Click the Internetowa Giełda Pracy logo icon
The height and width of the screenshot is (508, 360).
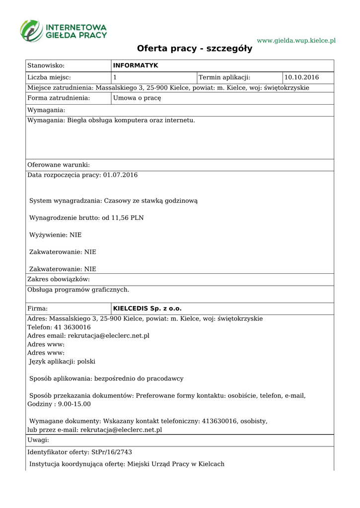click(x=31, y=30)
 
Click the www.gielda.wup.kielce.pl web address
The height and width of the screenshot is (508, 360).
click(x=296, y=40)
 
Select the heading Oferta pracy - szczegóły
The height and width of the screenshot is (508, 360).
click(x=195, y=49)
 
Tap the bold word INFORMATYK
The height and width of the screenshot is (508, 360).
click(x=136, y=65)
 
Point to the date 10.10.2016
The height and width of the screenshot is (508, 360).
click(x=301, y=77)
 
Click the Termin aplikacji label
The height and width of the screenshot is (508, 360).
click(x=224, y=77)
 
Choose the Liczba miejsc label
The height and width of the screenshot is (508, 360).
click(x=49, y=77)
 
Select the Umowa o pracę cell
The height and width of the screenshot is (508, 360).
click(x=137, y=98)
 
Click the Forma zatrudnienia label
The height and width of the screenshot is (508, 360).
click(x=59, y=98)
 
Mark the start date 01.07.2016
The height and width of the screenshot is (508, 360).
click(x=120, y=175)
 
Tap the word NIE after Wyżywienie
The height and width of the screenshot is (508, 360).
click(x=75, y=235)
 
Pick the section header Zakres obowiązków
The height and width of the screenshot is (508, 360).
click(x=59, y=280)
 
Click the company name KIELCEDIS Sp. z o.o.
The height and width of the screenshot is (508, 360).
click(x=147, y=308)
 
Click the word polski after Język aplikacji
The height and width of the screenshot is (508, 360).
click(x=86, y=362)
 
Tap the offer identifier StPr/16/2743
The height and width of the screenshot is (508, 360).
click(x=112, y=452)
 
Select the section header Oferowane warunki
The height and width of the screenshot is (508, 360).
click(x=59, y=165)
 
